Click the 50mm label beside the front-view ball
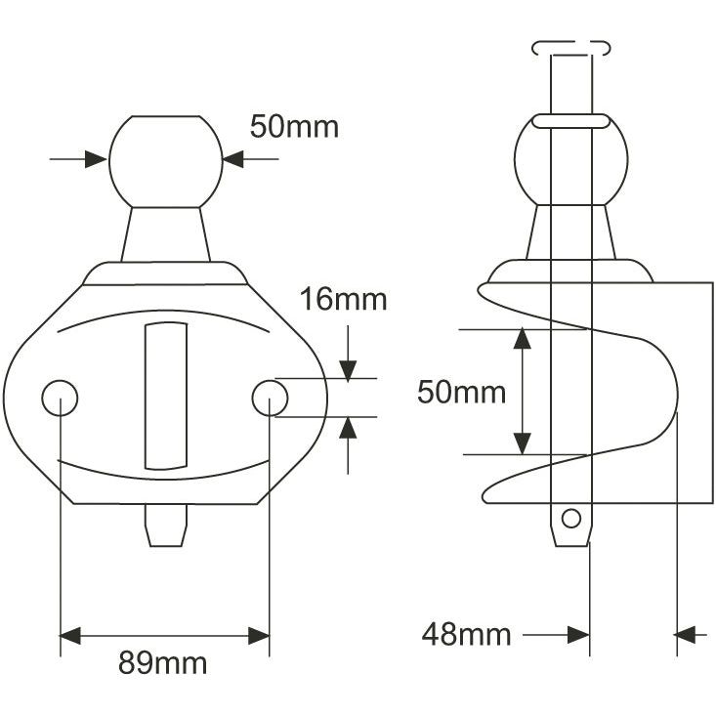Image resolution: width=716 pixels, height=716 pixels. coord(294,127)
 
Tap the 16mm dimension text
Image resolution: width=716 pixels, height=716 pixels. coord(343,299)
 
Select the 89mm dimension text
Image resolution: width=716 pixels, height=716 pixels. coord(163,663)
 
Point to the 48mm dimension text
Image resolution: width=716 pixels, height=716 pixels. coord(466,635)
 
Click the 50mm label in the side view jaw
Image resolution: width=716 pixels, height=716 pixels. coord(461,393)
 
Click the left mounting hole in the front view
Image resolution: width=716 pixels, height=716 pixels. coord(60,397)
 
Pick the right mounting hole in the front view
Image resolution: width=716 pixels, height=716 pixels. coord(270,397)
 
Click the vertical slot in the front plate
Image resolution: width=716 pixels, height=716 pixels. coord(165,394)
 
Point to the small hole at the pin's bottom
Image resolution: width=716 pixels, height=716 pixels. coord(571,517)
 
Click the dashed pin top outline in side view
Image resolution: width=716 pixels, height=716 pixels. coord(571,47)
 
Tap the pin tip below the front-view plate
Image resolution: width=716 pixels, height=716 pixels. coord(165,525)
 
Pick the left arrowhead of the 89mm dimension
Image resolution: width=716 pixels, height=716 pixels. coord(70,636)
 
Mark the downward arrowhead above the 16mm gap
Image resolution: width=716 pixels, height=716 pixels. coord(348,368)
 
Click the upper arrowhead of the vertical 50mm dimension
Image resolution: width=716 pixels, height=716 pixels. coord(523,339)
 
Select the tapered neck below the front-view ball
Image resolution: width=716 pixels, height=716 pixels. coord(165,234)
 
